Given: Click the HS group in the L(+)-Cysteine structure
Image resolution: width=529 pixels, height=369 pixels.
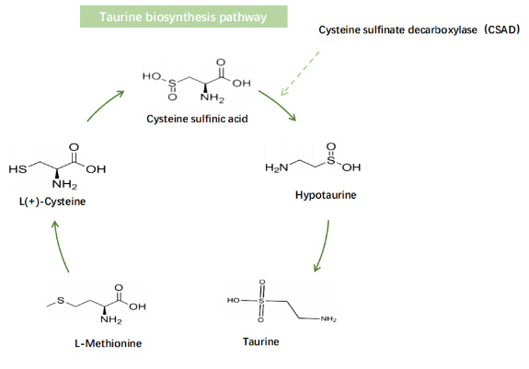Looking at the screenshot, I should pos(17,169).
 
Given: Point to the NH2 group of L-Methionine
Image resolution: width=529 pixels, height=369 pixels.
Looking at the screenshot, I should pos(110,320).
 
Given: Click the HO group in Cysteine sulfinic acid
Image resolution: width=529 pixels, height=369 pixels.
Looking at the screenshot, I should pos(153,75).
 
